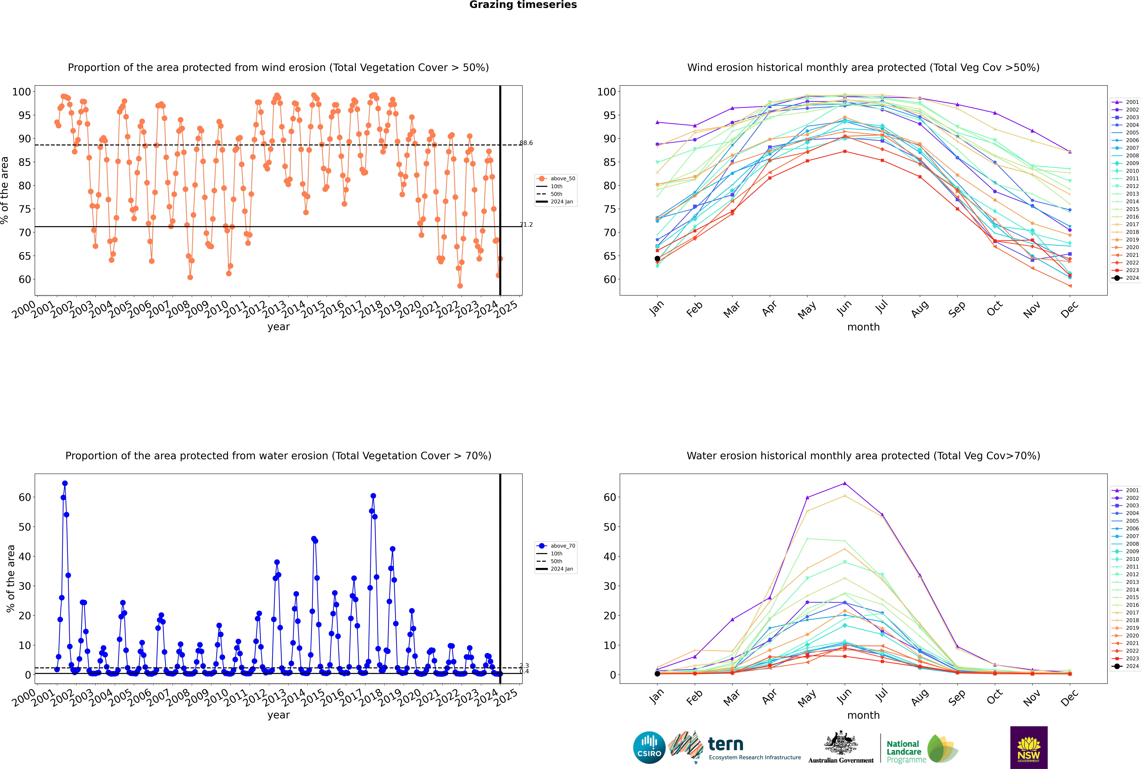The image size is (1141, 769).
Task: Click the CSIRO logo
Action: [649, 747]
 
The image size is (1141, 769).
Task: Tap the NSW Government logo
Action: [1029, 747]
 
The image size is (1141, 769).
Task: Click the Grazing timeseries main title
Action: [523, 5]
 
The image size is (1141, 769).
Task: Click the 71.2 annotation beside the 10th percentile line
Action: [526, 225]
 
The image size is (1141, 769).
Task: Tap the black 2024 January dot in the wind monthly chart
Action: [657, 258]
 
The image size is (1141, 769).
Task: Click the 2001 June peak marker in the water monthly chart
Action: [845, 483]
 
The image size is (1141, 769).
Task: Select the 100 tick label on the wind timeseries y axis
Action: [22, 92]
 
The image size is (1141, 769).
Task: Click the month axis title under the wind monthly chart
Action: [863, 327]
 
